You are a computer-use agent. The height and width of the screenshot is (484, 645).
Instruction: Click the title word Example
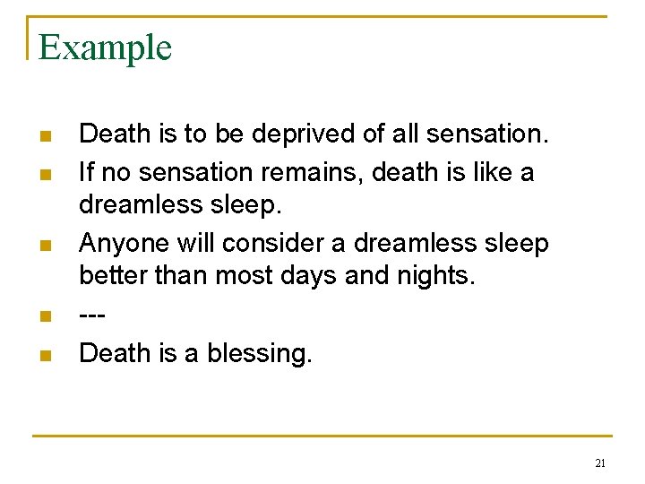[105, 48]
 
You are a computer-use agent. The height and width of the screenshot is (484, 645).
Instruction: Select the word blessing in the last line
[260, 354]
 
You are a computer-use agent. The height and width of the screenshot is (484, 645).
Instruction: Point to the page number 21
[599, 463]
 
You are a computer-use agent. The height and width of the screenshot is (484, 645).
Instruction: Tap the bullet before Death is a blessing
[44, 356]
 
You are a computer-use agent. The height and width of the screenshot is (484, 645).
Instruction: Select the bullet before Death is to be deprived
[44, 136]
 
